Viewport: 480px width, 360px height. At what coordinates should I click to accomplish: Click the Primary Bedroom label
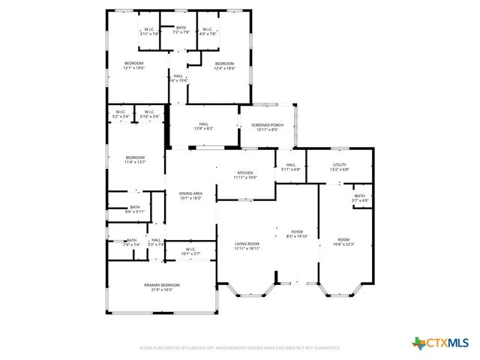(x=162, y=285)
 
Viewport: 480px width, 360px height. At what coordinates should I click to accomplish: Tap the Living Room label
(x=247, y=244)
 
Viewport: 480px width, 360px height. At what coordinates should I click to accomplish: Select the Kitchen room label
(x=245, y=172)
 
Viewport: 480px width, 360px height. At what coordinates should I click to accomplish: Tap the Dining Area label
(x=190, y=193)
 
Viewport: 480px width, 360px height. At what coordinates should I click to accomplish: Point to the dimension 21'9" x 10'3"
(x=162, y=289)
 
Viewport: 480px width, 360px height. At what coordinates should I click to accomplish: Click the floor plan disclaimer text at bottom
(x=239, y=348)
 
